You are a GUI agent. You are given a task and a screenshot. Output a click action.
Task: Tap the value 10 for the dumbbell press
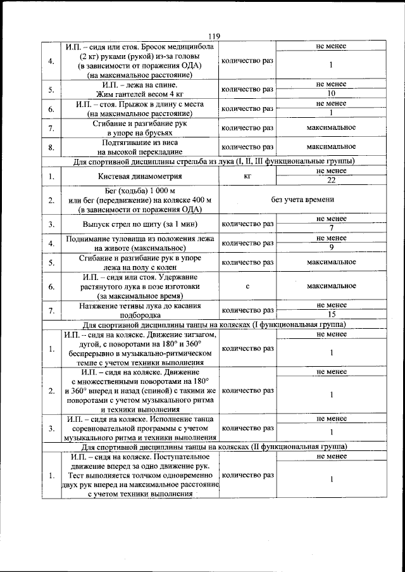[x=331, y=94]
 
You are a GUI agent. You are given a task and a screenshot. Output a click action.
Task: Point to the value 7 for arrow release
[x=331, y=228]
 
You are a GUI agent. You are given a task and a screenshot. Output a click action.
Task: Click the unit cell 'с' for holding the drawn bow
[x=247, y=286]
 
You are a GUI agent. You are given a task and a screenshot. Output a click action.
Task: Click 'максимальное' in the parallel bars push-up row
[x=331, y=128]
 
